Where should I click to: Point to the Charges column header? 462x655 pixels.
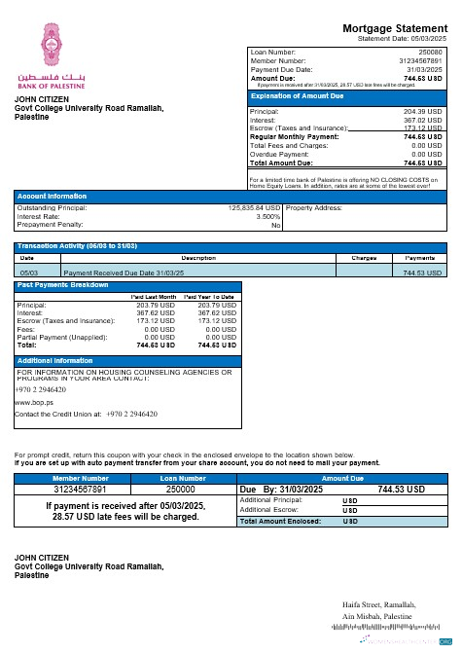coord(363,258)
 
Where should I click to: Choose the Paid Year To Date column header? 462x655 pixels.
coord(210,295)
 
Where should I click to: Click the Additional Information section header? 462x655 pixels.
coord(55,360)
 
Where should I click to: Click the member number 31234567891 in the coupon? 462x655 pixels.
coord(81,490)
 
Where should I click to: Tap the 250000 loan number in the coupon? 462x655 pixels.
coord(183,490)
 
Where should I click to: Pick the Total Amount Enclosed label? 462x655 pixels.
coord(281,522)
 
